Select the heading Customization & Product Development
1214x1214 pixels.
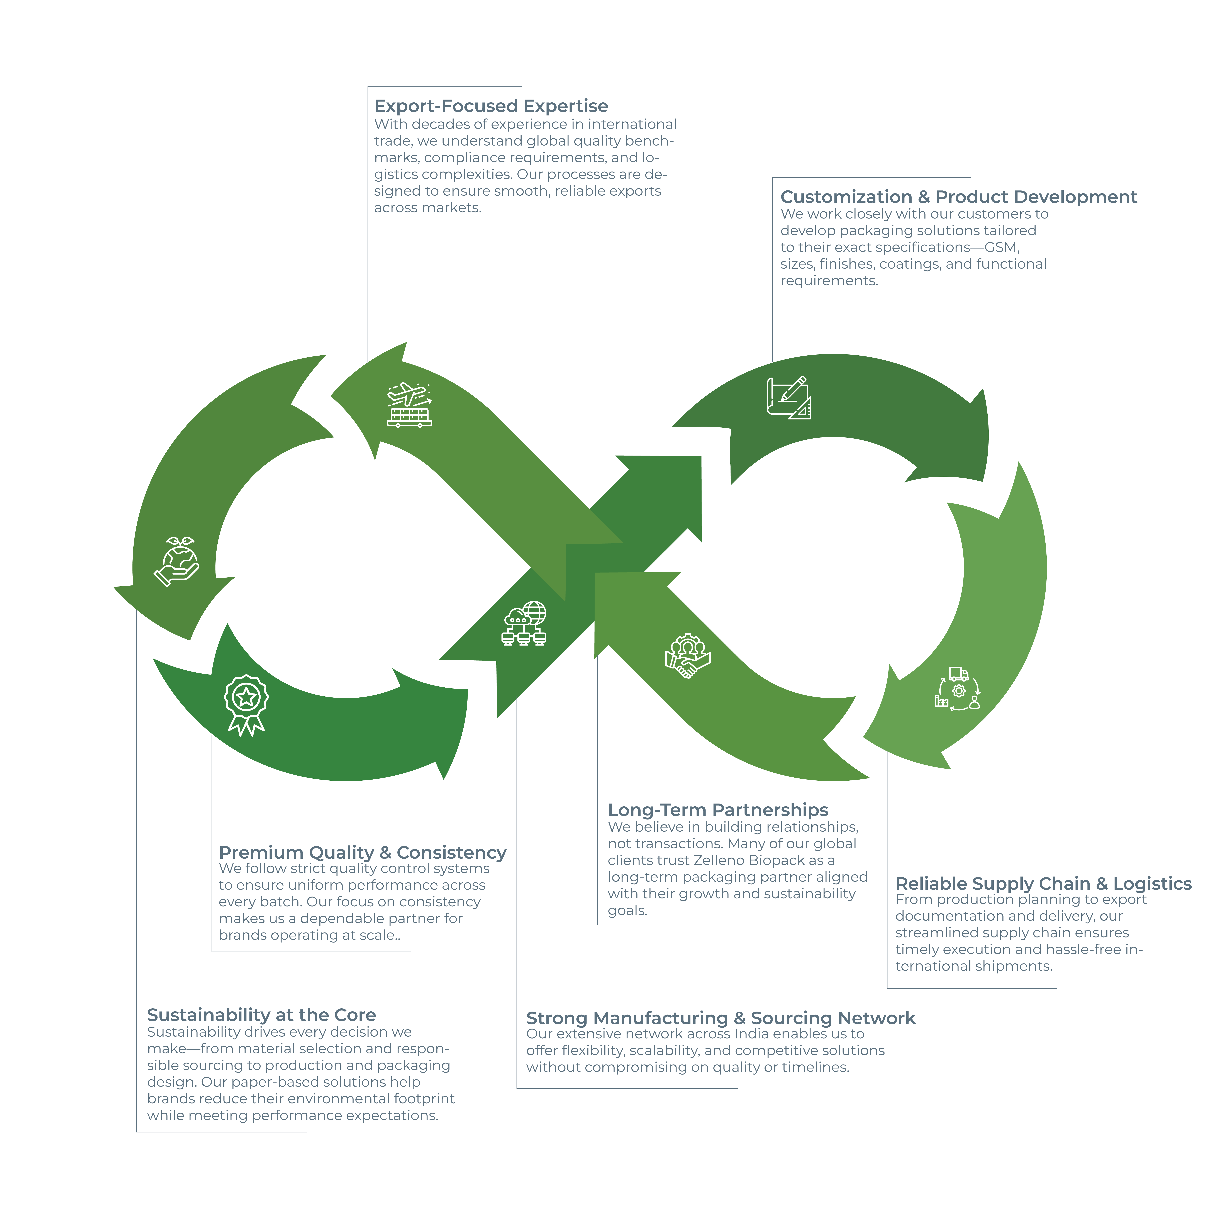tap(958, 197)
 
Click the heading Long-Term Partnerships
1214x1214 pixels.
tap(718, 810)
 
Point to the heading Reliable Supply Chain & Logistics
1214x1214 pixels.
tap(1043, 883)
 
